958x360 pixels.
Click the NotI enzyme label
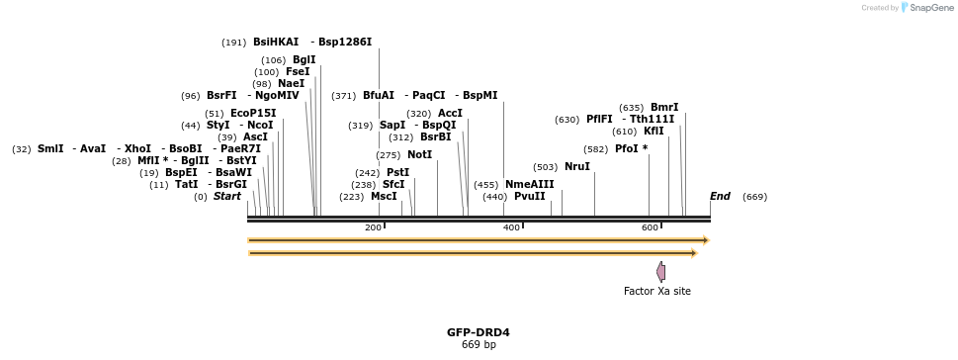pyautogui.click(x=419, y=154)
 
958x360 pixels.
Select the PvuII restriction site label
pyautogui.click(x=529, y=196)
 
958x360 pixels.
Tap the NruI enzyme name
pyautogui.click(x=577, y=167)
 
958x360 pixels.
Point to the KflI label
pyautogui.click(x=653, y=131)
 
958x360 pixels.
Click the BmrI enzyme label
pyautogui.click(x=664, y=108)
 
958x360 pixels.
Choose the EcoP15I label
pyautogui.click(x=253, y=113)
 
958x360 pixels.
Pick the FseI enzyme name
pyautogui.click(x=298, y=71)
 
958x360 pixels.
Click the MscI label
pyautogui.click(x=384, y=196)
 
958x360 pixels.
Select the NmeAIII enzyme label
pyautogui.click(x=530, y=185)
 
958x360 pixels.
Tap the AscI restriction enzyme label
pyautogui.click(x=255, y=136)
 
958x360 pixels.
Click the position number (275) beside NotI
pyautogui.click(x=388, y=155)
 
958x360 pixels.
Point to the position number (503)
pyautogui.click(x=545, y=167)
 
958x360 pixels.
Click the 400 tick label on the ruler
pyautogui.click(x=511, y=227)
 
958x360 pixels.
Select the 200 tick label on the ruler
pyautogui.click(x=373, y=227)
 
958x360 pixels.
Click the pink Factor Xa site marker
pyautogui.click(x=661, y=271)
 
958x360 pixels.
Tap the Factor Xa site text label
pyautogui.click(x=657, y=291)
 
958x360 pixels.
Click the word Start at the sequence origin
pyautogui.click(x=226, y=196)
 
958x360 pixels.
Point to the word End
pyautogui.click(x=720, y=196)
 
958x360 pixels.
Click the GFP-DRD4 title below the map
pyautogui.click(x=479, y=332)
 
